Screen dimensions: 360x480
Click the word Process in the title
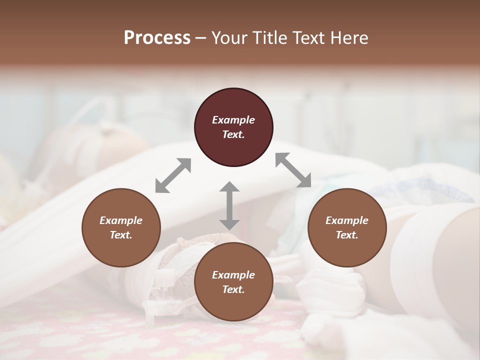coord(157,38)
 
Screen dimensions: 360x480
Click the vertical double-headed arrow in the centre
coord(229,205)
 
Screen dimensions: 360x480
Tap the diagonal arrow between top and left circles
coord(173,175)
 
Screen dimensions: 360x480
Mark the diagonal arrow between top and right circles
coord(293,170)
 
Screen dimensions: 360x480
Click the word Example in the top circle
coord(233,120)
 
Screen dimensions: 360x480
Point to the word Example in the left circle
coord(121,220)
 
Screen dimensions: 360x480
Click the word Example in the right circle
coord(347,220)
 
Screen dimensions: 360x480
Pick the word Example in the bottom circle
coord(233,275)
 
